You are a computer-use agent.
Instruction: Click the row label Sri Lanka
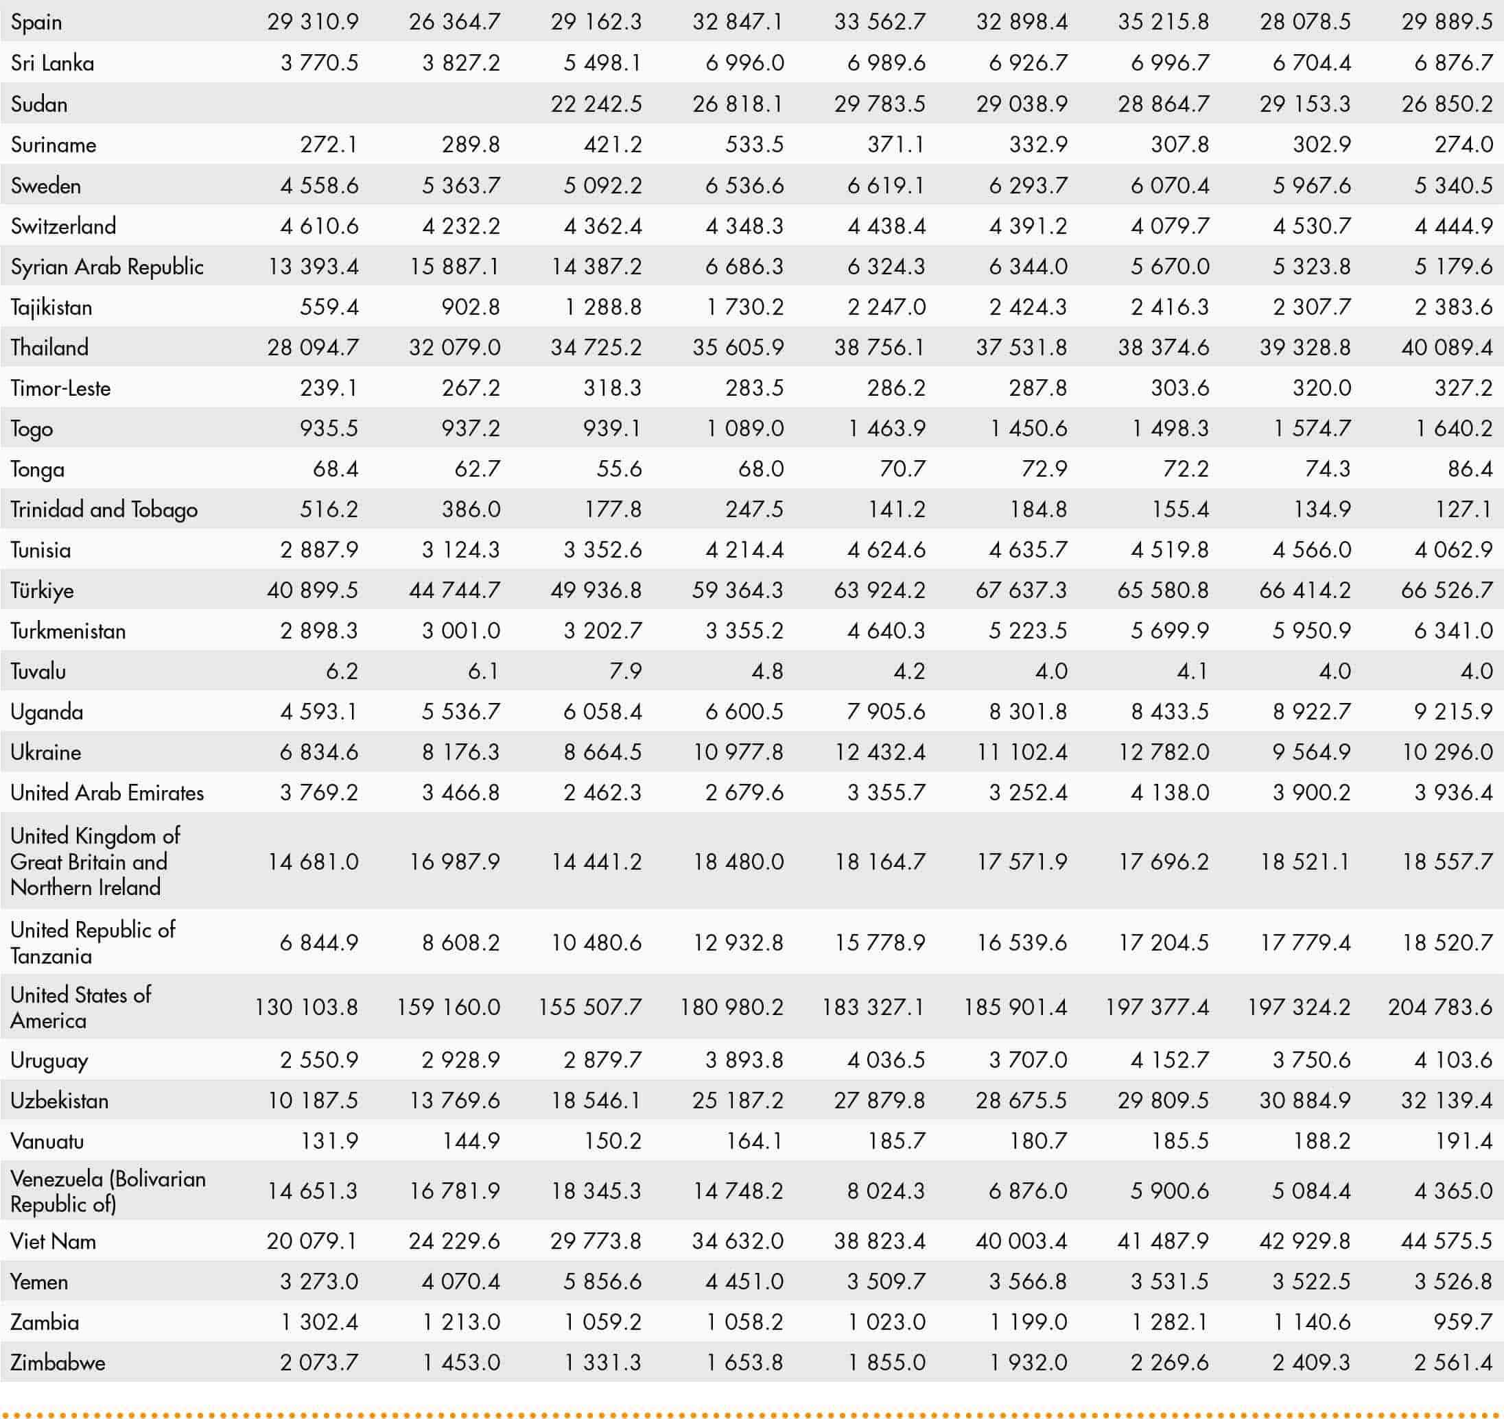pos(52,63)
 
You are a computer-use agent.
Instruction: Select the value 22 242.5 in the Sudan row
pos(596,104)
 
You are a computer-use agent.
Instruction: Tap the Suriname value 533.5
pos(754,145)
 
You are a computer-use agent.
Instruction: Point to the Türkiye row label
pos(43,590)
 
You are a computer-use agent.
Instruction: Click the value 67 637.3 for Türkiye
pos(1022,590)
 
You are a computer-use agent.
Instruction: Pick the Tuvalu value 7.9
pos(625,671)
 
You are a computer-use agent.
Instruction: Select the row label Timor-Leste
pos(60,388)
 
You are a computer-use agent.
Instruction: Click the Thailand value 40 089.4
pos(1446,348)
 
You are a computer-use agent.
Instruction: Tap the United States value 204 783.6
pos(1440,1007)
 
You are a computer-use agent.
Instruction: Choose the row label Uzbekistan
pos(59,1101)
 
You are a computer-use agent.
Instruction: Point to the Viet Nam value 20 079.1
pos(312,1241)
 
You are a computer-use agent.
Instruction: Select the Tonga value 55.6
pos(619,469)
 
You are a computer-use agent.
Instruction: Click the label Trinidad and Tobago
pos(104,510)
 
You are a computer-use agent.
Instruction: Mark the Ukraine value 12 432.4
pos(880,752)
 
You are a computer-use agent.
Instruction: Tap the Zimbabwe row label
pos(58,1363)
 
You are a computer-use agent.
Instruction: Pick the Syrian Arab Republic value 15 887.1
pos(455,266)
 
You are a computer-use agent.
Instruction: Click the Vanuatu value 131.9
pos(329,1141)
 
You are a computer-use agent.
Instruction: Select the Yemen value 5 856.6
pos(602,1282)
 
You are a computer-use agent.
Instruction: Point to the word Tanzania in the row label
pos(51,956)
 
